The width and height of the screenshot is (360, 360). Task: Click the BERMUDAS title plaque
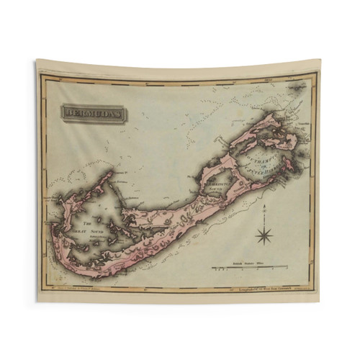[92, 113]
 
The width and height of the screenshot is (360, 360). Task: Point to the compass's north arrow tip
[264, 207]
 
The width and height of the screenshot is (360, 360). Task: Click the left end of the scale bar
[212, 268]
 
